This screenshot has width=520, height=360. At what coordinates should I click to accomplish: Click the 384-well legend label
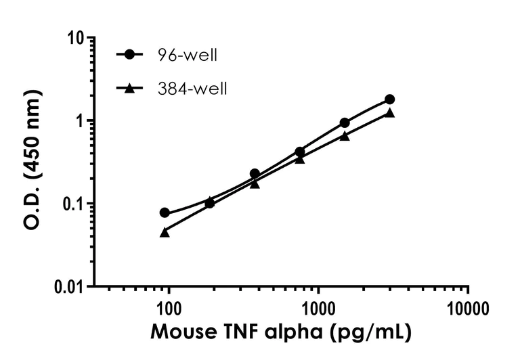click(x=198, y=88)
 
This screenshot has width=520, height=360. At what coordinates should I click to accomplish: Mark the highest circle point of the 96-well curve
click(x=389, y=99)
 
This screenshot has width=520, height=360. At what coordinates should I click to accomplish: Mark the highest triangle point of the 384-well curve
click(x=389, y=112)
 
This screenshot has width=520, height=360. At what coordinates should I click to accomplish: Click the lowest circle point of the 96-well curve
click(x=165, y=212)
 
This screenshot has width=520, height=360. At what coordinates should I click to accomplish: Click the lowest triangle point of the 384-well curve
click(x=165, y=232)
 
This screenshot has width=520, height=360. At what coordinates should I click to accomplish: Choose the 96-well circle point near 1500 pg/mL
click(x=345, y=122)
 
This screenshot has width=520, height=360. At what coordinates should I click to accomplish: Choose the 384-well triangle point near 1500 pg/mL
click(x=345, y=135)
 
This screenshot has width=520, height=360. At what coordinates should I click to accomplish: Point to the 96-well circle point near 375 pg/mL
click(x=255, y=174)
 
